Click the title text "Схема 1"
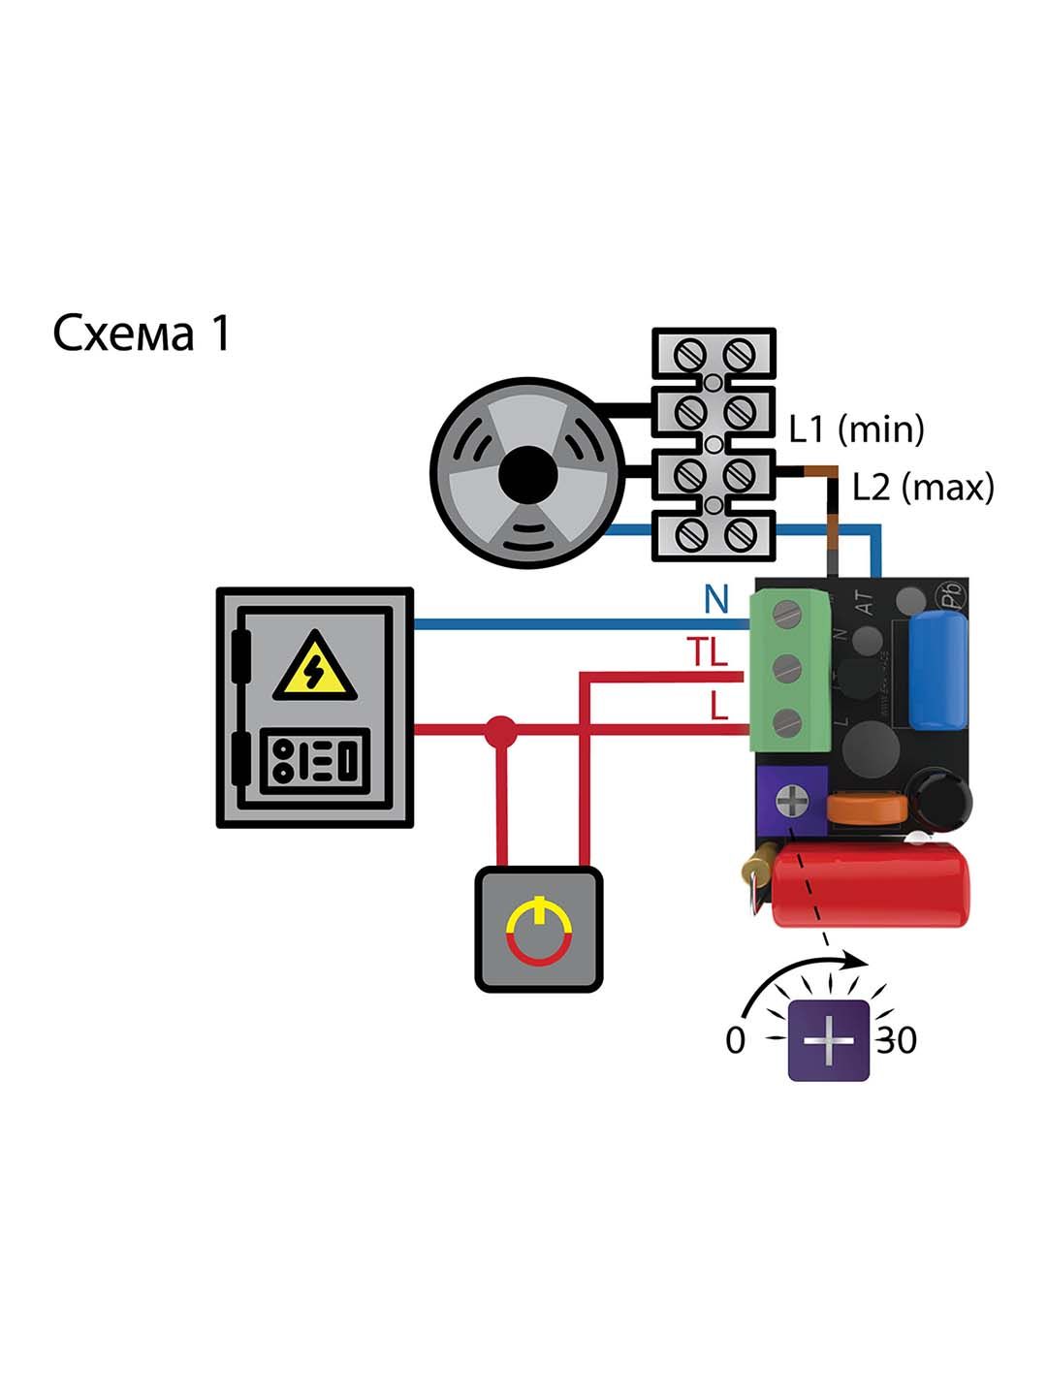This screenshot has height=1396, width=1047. [142, 333]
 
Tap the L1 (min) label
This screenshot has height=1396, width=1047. [856, 428]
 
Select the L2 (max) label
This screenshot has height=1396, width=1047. [923, 488]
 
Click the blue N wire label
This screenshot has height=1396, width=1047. [715, 600]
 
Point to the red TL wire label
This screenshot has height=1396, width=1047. [708, 653]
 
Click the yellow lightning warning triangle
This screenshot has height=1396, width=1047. [313, 667]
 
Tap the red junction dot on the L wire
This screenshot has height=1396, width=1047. [500, 729]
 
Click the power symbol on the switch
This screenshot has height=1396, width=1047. [539, 931]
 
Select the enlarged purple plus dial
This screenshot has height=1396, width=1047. [830, 1040]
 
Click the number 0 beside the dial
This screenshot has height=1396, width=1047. [736, 1040]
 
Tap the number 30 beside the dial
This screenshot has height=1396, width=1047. [897, 1040]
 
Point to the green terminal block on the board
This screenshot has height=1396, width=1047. [790, 671]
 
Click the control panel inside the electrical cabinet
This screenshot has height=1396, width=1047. [313, 759]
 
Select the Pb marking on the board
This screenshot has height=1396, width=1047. [944, 595]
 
